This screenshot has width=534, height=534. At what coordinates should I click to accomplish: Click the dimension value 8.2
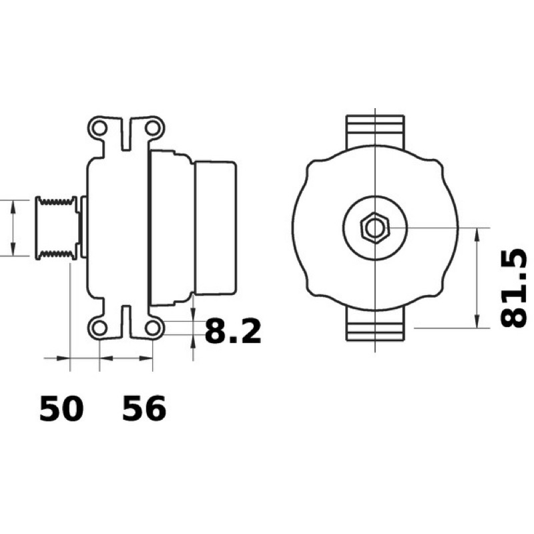pos(233,331)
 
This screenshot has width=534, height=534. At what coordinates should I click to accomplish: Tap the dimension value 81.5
pos(513,288)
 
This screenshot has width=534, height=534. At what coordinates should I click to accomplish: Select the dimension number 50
pos(61,409)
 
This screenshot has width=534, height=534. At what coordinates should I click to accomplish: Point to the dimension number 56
pos(144,409)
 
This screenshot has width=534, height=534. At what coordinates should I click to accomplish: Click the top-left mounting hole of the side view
pos(99,128)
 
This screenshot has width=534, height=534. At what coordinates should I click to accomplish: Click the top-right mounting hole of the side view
pos(152,128)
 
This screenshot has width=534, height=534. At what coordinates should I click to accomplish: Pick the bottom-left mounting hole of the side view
pos(99,328)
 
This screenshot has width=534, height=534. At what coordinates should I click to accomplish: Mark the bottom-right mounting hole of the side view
pos(152,328)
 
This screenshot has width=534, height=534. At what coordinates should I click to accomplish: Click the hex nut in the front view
pos(375,228)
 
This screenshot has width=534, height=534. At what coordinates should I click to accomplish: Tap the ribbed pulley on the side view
pos(57,228)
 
